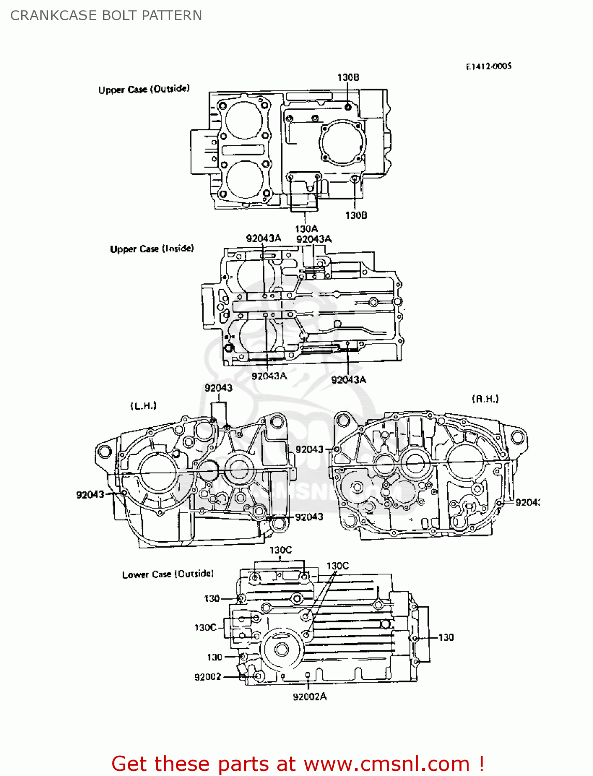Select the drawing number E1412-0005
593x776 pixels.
488,66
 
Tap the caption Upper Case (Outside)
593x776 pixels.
144,89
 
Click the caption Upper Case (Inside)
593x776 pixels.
152,249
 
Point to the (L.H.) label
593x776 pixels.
143,406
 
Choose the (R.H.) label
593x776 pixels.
485,399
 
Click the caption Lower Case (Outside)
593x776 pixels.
168,574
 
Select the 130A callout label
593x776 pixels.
306,229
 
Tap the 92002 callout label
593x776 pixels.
207,677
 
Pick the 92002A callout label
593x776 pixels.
309,697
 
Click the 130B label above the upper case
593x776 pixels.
348,78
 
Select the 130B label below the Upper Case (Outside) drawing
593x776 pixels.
356,215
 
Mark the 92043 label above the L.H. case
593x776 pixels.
218,388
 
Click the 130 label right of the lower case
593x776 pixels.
446,637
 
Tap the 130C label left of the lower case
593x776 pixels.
205,628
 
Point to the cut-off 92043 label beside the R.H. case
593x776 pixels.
527,502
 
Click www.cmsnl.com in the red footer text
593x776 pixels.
387,764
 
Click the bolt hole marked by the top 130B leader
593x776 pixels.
348,107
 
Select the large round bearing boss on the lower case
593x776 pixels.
281,649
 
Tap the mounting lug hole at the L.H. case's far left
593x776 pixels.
104,452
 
